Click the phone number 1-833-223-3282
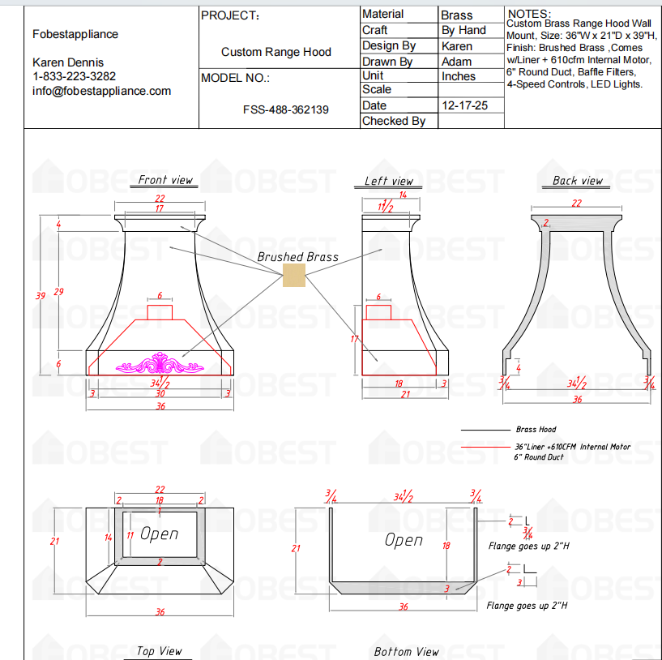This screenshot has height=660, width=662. (74, 76)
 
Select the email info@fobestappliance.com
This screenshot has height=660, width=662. (101, 91)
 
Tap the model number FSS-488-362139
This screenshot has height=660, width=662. (285, 109)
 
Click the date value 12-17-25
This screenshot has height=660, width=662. (464, 105)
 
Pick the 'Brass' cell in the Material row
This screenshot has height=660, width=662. (457, 15)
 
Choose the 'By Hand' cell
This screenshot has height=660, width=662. (463, 30)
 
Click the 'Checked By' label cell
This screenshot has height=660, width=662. (394, 121)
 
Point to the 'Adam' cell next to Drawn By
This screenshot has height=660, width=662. (456, 62)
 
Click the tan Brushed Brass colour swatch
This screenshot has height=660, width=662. (293, 276)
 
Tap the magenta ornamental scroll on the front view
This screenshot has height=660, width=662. (160, 364)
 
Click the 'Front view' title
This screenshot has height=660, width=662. (165, 180)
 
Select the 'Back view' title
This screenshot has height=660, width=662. (578, 180)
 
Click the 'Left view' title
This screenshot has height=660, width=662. (389, 181)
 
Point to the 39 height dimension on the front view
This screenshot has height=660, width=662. (40, 296)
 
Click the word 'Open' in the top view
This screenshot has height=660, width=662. (159, 534)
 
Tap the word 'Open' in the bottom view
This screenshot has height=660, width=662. (404, 540)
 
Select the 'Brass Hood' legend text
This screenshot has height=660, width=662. (536, 430)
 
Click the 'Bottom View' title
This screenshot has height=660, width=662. (407, 651)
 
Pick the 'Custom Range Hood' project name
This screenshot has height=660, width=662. (276, 52)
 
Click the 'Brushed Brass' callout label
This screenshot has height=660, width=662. (297, 257)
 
